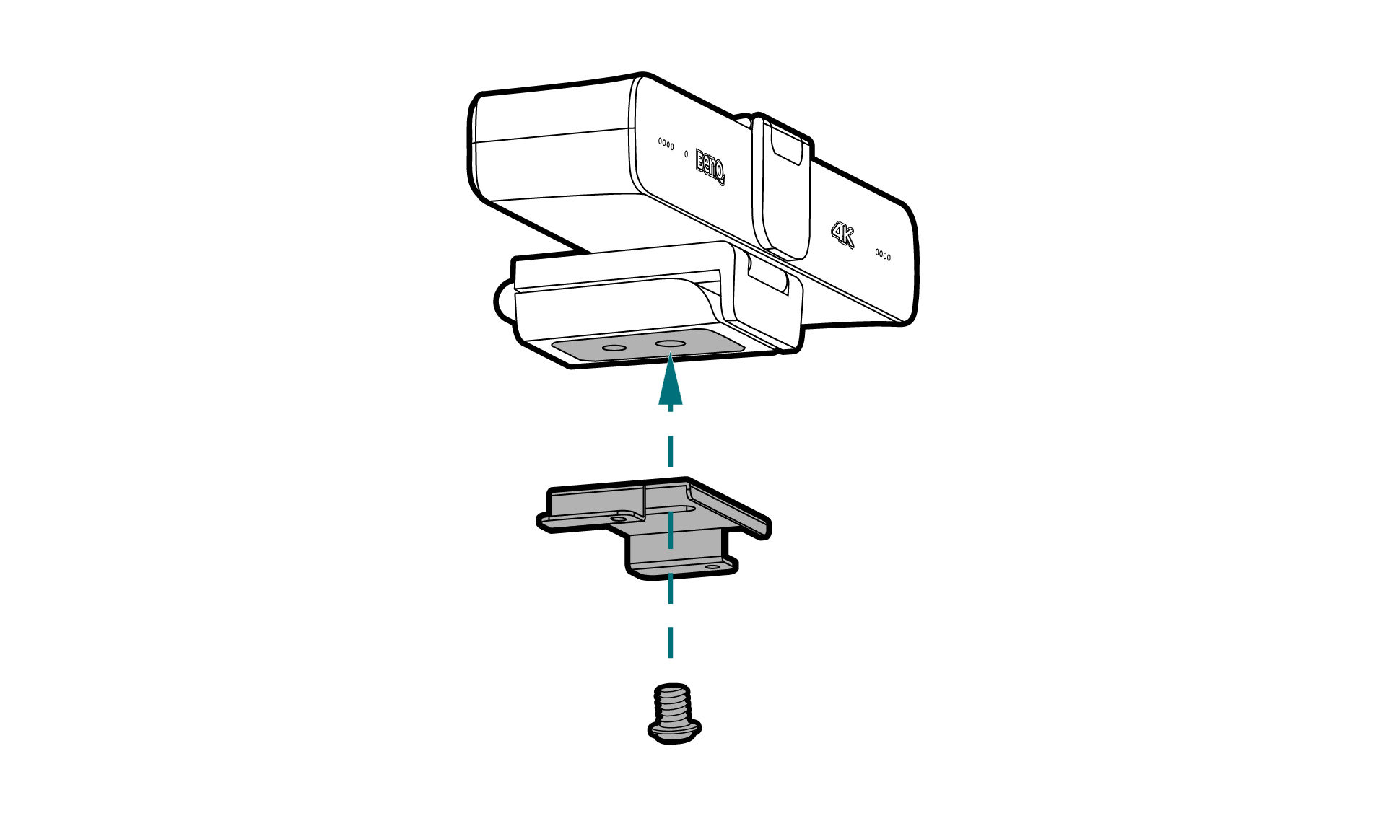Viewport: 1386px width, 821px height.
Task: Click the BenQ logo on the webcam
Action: point(710,167)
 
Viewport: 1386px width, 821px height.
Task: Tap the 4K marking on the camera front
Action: point(842,234)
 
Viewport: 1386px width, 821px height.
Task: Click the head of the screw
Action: point(674,730)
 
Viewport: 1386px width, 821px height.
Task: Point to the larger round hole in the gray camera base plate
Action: point(671,344)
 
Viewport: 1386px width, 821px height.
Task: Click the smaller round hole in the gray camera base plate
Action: point(614,348)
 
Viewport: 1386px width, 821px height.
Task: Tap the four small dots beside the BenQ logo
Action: point(666,144)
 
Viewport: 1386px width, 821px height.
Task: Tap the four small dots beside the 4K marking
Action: point(883,255)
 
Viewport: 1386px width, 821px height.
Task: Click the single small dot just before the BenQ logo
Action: point(686,154)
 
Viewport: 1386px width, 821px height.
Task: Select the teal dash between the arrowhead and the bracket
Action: point(671,452)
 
